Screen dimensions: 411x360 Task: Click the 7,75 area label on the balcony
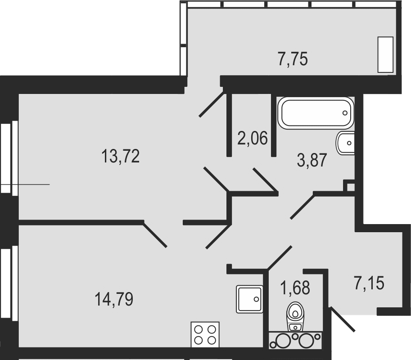(293, 59)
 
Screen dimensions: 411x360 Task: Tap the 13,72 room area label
(120, 156)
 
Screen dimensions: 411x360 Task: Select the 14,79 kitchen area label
(114, 299)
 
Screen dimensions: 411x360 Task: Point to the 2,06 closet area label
(253, 138)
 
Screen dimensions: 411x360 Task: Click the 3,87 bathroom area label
(312, 160)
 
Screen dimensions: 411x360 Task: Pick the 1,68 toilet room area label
(295, 288)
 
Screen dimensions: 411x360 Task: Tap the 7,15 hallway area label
(369, 283)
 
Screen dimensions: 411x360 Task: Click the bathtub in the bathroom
(316, 113)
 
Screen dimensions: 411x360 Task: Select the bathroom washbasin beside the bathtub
(345, 143)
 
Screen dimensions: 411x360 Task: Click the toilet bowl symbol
(295, 316)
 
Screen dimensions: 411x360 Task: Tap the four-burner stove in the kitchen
(205, 335)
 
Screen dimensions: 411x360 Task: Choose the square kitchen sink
(249, 299)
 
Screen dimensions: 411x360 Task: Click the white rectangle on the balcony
(385, 54)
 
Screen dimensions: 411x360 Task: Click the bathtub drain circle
(345, 113)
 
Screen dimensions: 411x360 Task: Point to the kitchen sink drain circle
(256, 299)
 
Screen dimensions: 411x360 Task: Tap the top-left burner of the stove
(199, 329)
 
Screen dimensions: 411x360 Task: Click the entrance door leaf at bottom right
(343, 319)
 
